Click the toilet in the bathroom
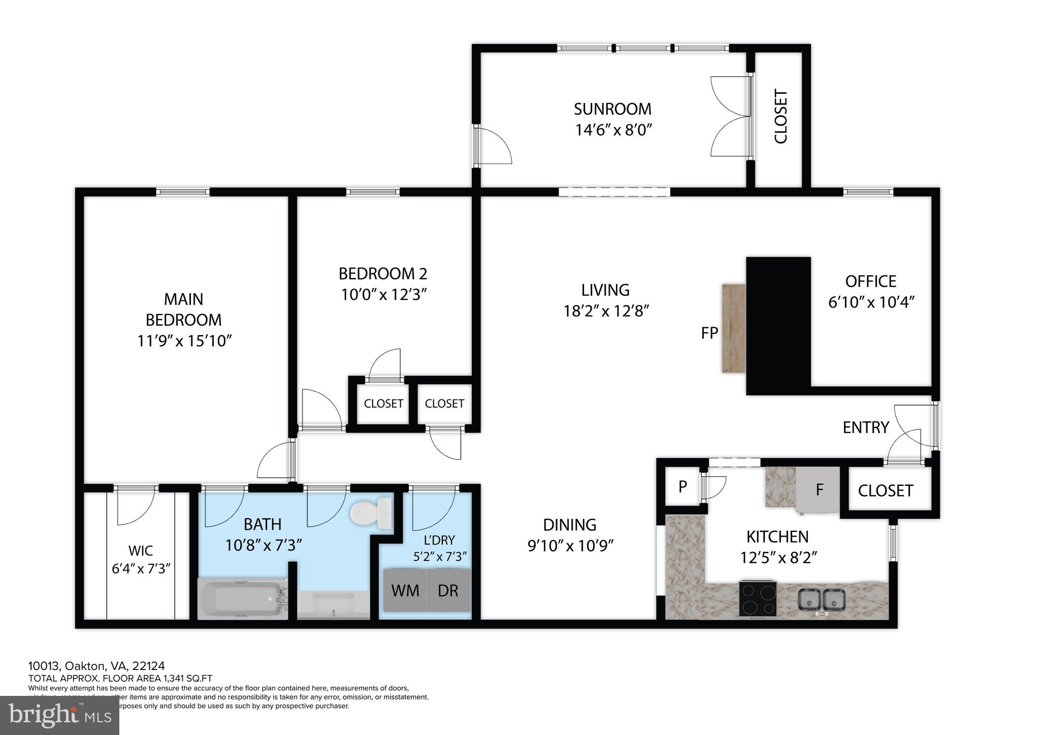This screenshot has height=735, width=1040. (371, 512)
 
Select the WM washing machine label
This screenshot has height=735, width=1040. (405, 590)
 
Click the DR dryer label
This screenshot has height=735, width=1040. (448, 590)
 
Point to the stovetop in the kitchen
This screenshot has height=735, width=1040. (758, 597)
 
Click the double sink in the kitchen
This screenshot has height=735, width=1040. (821, 600)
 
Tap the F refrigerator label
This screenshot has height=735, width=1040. (819, 490)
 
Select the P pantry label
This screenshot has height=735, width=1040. (682, 487)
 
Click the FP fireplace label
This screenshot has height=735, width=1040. (709, 333)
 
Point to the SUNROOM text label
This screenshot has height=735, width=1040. (612, 109)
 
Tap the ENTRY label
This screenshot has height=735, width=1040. (866, 427)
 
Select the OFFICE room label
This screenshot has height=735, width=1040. (870, 281)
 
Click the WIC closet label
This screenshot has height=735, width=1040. (141, 551)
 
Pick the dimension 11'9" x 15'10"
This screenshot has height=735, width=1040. (184, 341)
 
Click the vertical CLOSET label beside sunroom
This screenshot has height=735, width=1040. (780, 117)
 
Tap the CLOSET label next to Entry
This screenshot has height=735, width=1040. (886, 490)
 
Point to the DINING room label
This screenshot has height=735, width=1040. (570, 525)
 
